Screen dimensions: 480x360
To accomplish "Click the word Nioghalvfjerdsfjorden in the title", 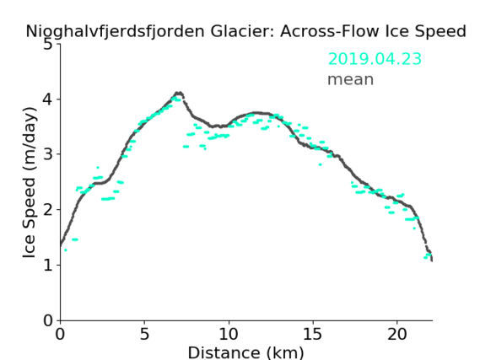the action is (x=115, y=32).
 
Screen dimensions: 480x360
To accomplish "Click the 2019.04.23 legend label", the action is (x=375, y=59).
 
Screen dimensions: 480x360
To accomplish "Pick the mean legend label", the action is (x=351, y=79).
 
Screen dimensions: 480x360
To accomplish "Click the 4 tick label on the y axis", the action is (x=47, y=99).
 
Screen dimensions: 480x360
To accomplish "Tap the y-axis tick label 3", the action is (x=47, y=154).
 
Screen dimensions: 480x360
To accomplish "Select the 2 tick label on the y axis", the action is (x=47, y=210).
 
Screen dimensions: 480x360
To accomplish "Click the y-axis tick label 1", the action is (x=48, y=265).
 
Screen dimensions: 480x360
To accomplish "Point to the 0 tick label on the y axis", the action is (x=47, y=320).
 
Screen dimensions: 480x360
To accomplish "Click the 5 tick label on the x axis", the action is (x=144, y=335).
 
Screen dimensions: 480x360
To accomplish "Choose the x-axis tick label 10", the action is (x=229, y=335).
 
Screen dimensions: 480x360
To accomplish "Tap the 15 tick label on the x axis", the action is (x=313, y=335).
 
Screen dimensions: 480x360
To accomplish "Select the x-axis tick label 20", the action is (x=397, y=335).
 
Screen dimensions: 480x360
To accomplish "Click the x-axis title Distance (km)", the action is (x=245, y=352).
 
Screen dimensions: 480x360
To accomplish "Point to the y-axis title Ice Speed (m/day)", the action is (x=30, y=182).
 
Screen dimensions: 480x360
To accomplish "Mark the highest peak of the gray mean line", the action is (x=179, y=93).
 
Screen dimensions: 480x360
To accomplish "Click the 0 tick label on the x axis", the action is (x=60, y=335).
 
